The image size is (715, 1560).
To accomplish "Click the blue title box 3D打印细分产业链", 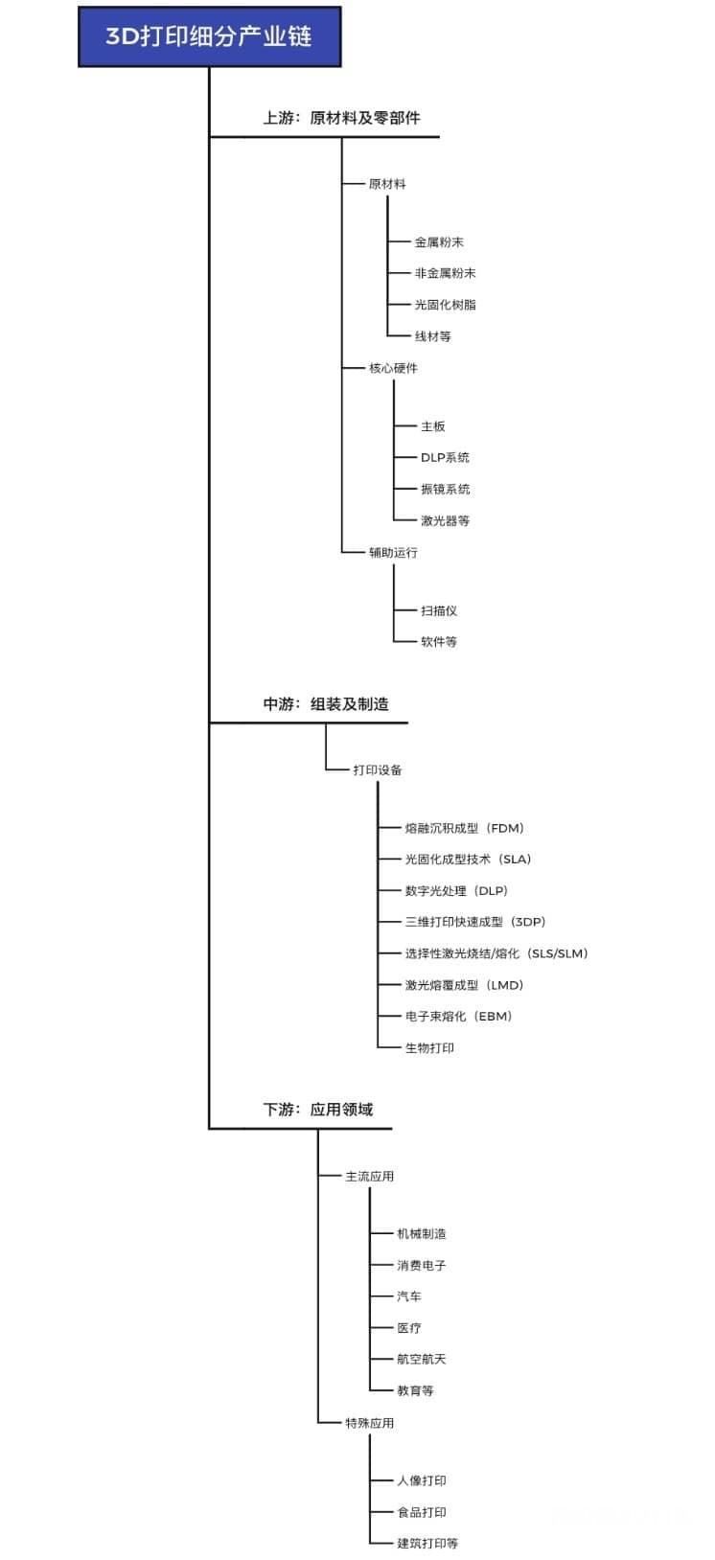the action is [209, 37].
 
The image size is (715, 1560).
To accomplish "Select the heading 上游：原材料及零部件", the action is [341, 118].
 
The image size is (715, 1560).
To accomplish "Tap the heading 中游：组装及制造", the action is [326, 704].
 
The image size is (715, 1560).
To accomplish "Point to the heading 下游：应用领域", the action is [318, 1110].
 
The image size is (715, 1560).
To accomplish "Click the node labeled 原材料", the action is [387, 184].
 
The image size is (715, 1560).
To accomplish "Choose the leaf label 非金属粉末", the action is [446, 273].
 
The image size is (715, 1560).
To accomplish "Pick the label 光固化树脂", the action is [446, 305].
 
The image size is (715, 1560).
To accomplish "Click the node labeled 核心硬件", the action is [393, 368].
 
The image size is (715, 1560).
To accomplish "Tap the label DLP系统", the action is [446, 457].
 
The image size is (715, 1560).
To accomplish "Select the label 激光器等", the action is [446, 520].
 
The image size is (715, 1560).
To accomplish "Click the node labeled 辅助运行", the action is [393, 552].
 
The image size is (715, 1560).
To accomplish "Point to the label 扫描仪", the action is [439, 610].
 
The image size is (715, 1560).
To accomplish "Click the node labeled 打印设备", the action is [378, 769].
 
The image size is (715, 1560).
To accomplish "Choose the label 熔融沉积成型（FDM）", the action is [465, 828].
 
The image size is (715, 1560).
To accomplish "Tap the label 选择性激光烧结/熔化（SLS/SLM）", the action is [496, 953].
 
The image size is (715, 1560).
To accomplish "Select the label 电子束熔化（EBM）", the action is [459, 1016].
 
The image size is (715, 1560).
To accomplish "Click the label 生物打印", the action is [430, 1047].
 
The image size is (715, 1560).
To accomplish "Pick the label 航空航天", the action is [422, 1359].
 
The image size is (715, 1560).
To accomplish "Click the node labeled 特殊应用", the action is [369, 1423].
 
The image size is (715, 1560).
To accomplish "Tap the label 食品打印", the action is [422, 1512].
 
